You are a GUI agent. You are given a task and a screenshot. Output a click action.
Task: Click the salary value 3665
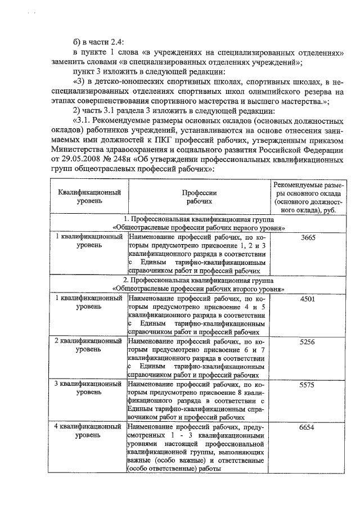point(308,238)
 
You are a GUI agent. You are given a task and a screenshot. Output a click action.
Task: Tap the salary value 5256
point(308,341)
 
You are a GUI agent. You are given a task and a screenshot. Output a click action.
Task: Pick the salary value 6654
point(308,427)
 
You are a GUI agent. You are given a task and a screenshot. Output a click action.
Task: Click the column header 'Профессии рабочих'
point(200,196)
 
